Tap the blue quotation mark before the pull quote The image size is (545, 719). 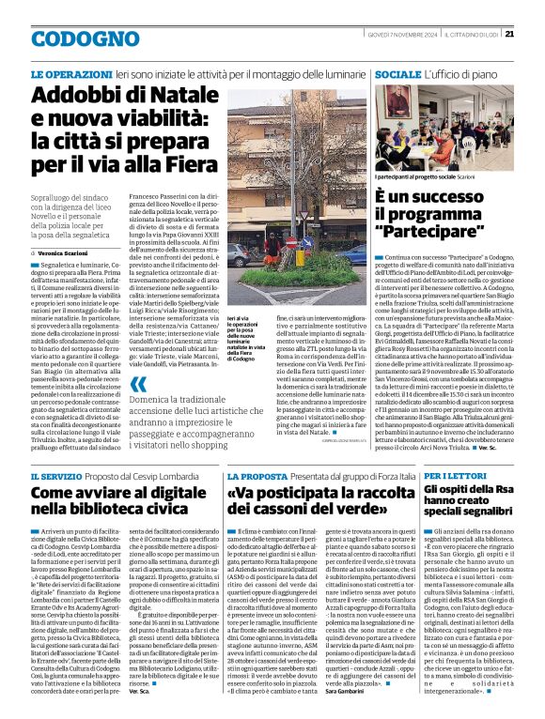[x=138, y=386]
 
